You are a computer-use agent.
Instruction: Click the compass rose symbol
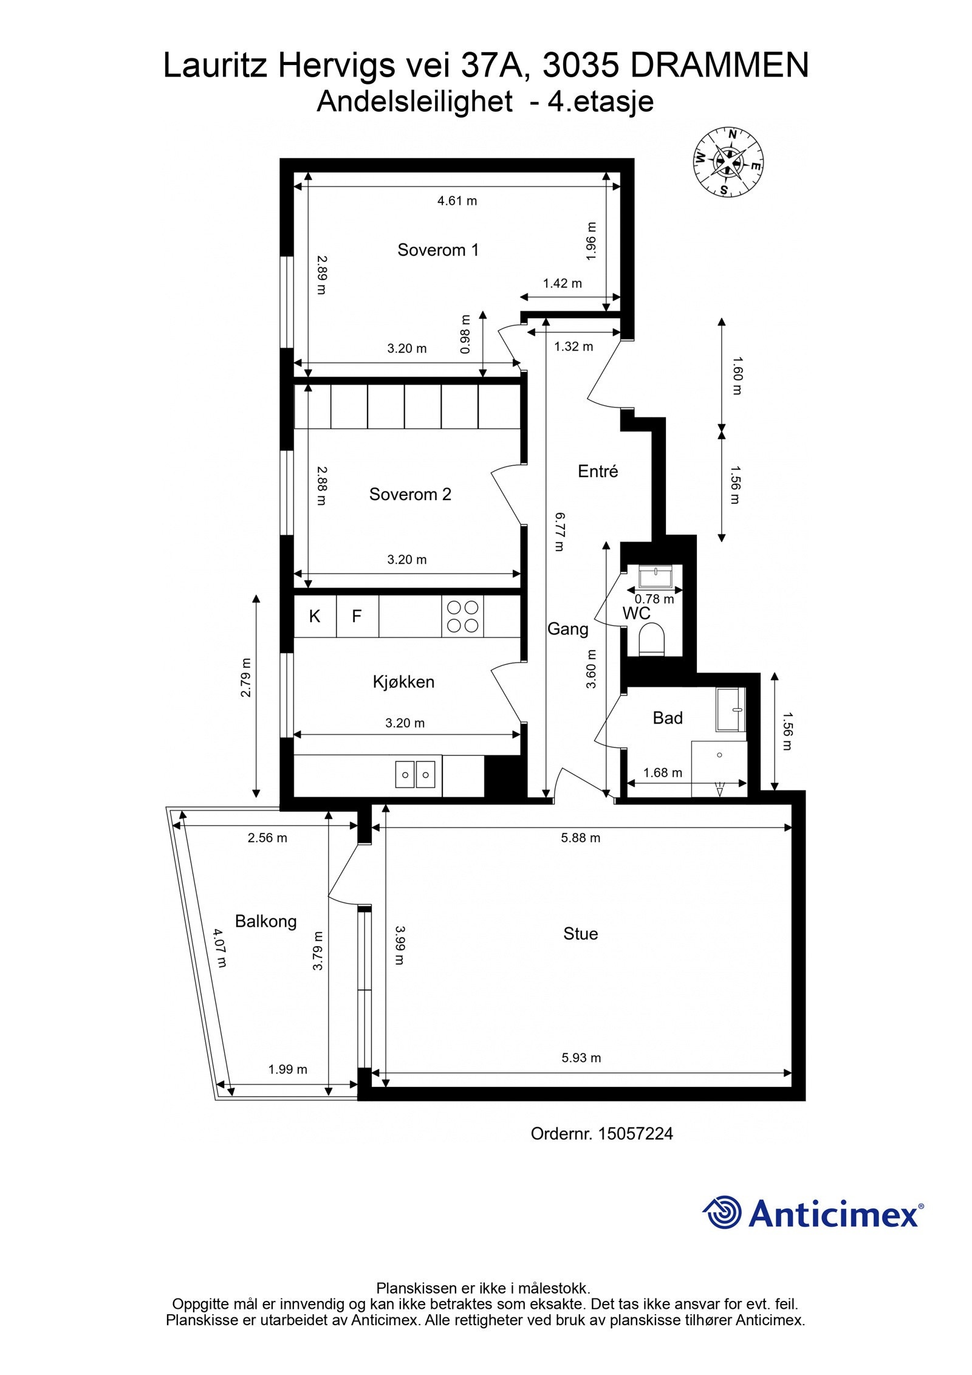click(x=728, y=162)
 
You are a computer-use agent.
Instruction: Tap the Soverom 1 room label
click(x=438, y=250)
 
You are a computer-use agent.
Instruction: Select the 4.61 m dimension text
click(x=457, y=201)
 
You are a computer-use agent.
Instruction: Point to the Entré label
click(x=598, y=471)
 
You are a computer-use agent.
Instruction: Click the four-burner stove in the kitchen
click(x=463, y=616)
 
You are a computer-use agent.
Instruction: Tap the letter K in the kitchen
click(x=315, y=616)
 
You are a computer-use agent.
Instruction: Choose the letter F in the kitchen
click(x=357, y=616)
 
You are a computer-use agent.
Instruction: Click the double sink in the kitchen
click(x=416, y=775)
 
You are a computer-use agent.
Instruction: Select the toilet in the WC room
click(x=653, y=640)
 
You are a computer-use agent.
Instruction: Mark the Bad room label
click(x=667, y=718)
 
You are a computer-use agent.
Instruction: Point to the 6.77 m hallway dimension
click(x=559, y=532)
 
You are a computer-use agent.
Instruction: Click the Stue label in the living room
click(x=580, y=933)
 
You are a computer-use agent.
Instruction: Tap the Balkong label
click(x=265, y=921)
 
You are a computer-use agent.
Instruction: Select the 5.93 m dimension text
click(x=581, y=1058)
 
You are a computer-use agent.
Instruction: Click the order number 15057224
click(x=635, y=1134)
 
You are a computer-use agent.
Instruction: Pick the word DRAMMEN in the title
click(x=719, y=66)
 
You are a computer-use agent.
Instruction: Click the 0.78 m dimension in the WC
click(x=654, y=599)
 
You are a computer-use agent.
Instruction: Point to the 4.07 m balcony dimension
click(x=219, y=948)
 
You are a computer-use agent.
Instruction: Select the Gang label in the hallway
click(x=567, y=629)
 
